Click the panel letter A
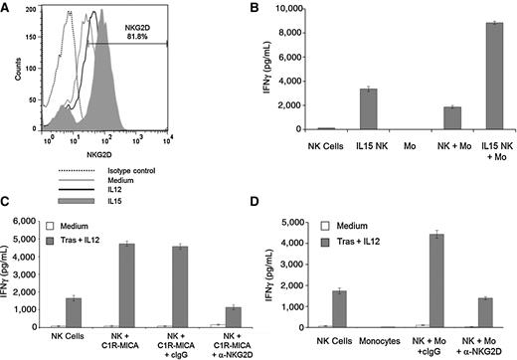click(x=8, y=8)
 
